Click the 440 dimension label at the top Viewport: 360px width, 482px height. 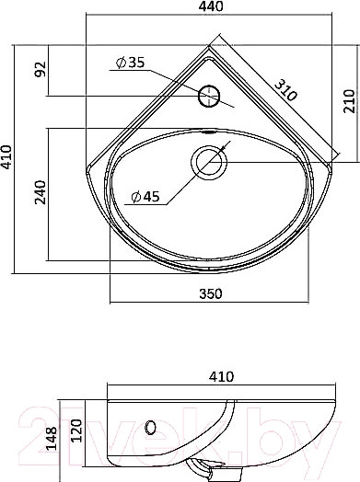click(x=211, y=6)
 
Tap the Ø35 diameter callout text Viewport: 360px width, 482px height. click(x=130, y=63)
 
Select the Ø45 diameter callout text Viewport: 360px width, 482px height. click(x=145, y=197)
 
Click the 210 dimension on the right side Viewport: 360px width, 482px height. click(x=349, y=101)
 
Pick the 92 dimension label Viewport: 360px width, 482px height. click(x=40, y=70)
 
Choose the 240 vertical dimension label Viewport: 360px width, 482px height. click(x=40, y=192)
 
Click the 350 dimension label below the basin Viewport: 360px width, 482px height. click(x=211, y=293)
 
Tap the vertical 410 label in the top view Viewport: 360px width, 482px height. click(x=6, y=157)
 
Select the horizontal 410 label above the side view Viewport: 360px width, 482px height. click(x=221, y=376)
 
